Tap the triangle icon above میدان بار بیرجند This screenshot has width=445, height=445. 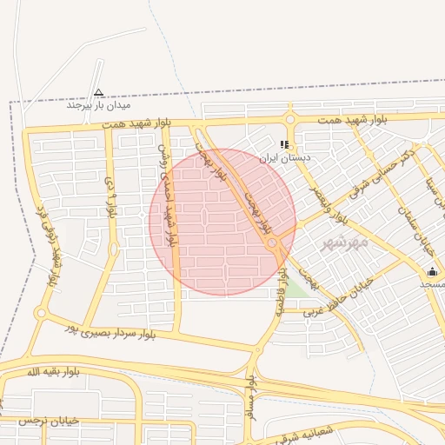click(x=98, y=92)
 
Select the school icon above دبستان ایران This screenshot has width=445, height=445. click(x=283, y=145)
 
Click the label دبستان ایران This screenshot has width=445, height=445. click(x=283, y=159)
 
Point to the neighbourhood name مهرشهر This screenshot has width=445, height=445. click(x=345, y=242)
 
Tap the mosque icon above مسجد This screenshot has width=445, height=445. click(x=432, y=271)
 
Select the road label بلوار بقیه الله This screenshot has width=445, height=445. click(x=53, y=372)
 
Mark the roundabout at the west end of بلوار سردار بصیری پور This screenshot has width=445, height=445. click(x=40, y=313)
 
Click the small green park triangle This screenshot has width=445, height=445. click(x=297, y=288)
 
